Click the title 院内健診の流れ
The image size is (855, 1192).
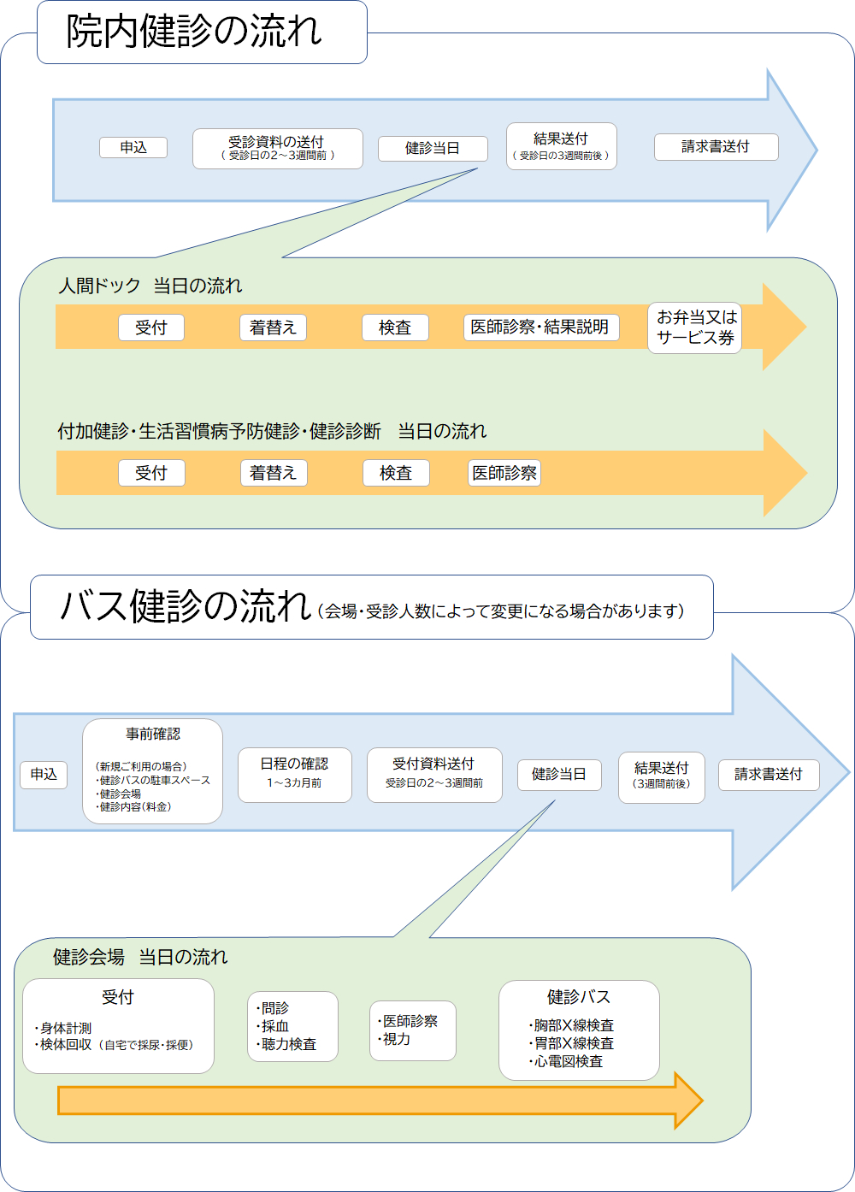pyautogui.click(x=194, y=32)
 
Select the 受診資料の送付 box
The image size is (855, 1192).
pyautogui.click(x=277, y=148)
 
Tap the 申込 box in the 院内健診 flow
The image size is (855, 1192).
pyautogui.click(x=133, y=147)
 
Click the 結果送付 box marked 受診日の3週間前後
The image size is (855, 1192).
pyautogui.click(x=561, y=146)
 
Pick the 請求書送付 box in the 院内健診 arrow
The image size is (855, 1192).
pyautogui.click(x=716, y=147)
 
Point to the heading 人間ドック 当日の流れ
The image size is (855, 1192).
pyautogui.click(x=150, y=286)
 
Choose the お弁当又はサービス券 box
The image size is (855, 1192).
pyautogui.click(x=694, y=328)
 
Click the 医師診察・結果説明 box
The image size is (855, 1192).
pyautogui.click(x=540, y=328)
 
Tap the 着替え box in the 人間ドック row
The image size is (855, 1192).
pyautogui.click(x=273, y=328)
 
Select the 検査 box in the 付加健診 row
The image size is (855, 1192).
pyautogui.click(x=395, y=473)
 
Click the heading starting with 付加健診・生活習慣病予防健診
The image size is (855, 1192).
pyautogui.click(x=272, y=431)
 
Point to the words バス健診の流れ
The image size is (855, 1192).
pyautogui.click(x=185, y=606)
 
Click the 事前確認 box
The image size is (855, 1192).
pyautogui.click(x=152, y=770)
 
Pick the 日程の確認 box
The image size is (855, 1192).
pyautogui.click(x=294, y=775)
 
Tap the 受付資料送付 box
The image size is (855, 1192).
pyautogui.click(x=434, y=775)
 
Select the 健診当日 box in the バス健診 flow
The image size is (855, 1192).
pyautogui.click(x=559, y=774)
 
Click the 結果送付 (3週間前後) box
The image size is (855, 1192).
pyautogui.click(x=661, y=776)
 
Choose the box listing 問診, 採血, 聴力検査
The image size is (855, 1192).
pyautogui.click(x=292, y=1026)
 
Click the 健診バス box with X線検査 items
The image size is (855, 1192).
pyautogui.click(x=579, y=1030)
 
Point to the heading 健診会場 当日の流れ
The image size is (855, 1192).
pyautogui.click(x=140, y=957)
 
